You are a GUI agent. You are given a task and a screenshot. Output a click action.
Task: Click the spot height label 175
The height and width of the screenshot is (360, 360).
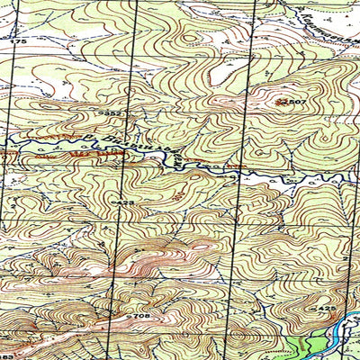[x=19, y=42]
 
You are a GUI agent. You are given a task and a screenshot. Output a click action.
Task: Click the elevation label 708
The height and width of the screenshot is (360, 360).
[x=139, y=317]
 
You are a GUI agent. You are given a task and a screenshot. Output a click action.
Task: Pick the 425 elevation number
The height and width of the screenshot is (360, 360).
[x=326, y=309]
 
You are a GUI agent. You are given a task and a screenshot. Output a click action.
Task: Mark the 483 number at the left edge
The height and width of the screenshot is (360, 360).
[x=6, y=334]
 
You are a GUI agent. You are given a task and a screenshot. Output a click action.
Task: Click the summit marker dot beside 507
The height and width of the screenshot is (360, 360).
[x=279, y=103]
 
